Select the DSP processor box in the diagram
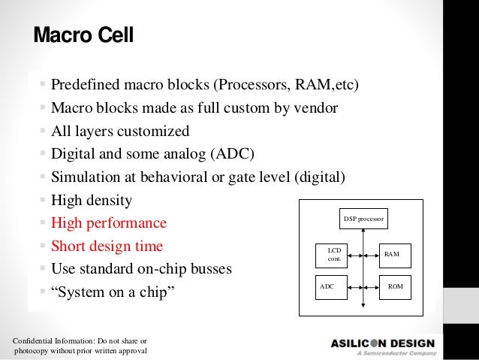[x=363, y=219]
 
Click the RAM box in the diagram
[x=391, y=255]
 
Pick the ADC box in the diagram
[x=330, y=287]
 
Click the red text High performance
[x=109, y=224]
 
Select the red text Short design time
[x=107, y=247]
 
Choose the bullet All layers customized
[x=120, y=132]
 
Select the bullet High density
[x=91, y=201]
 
